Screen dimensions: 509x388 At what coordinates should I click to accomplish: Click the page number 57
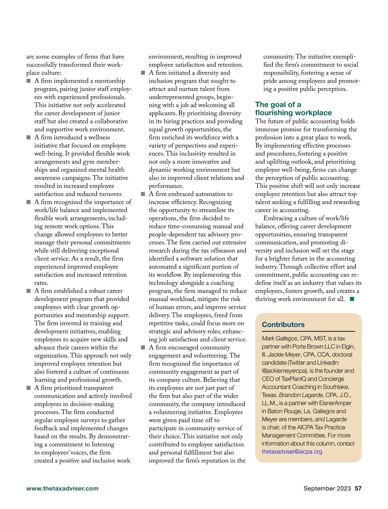point(358,488)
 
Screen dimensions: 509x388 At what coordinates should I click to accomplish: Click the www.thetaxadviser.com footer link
point(62,488)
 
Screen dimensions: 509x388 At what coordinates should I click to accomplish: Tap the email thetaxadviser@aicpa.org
point(292,451)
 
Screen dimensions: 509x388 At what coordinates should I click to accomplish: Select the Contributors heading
point(283,324)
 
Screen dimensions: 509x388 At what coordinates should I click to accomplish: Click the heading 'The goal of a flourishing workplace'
point(293,109)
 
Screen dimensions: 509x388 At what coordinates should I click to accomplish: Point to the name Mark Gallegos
point(279,338)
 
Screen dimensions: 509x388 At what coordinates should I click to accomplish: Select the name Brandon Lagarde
point(301,395)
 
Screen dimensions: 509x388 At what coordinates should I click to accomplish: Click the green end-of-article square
point(352,299)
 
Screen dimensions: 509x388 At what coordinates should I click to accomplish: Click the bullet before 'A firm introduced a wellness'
point(28,137)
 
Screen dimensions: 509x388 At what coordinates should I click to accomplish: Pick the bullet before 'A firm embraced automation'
point(143,194)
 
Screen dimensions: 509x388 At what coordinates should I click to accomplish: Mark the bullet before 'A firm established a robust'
point(28,291)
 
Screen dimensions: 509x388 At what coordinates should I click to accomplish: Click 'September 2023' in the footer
point(327,488)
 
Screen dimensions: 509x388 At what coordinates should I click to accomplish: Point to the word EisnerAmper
point(335,403)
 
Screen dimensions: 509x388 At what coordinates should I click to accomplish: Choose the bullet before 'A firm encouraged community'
point(143,347)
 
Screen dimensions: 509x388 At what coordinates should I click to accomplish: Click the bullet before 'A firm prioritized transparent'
point(28,388)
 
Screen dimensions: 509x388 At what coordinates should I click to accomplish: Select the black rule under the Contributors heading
point(308,331)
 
